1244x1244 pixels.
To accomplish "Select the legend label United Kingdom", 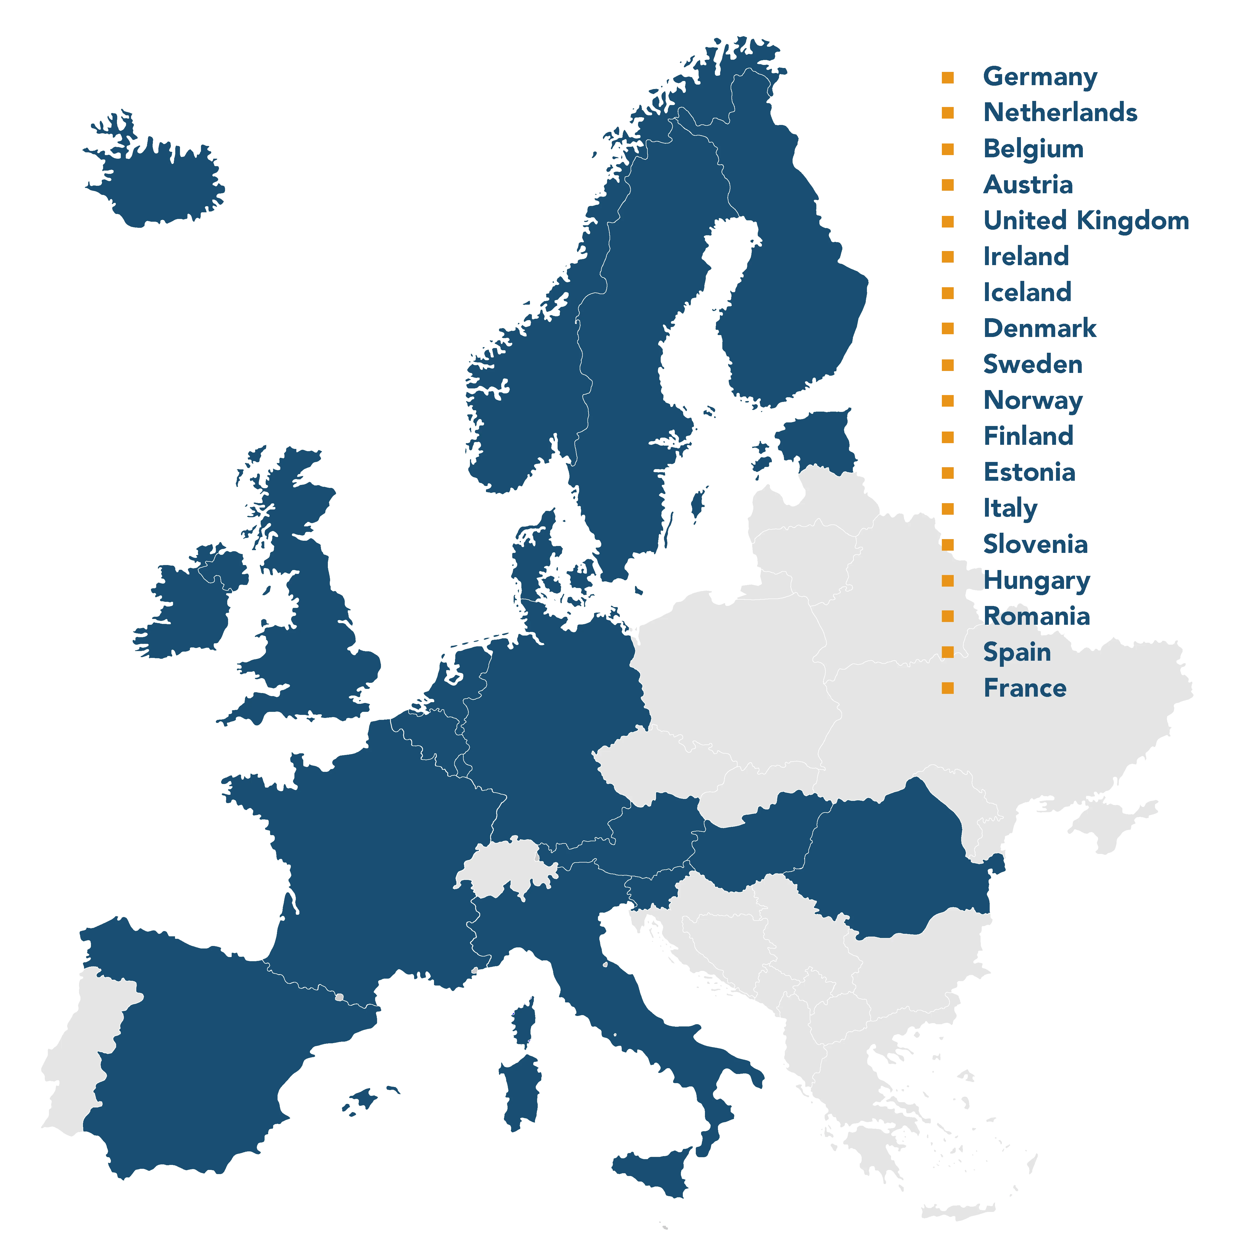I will (1086, 221).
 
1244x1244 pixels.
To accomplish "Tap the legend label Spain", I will (1017, 652).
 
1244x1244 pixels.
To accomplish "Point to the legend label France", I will (1025, 688).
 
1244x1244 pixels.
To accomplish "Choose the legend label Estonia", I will (1028, 473).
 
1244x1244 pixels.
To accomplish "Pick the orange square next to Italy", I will (947, 509).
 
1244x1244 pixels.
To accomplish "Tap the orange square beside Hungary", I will (947, 581).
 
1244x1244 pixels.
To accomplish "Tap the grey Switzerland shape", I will (505, 866).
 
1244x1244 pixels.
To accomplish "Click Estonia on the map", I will (818, 441).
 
